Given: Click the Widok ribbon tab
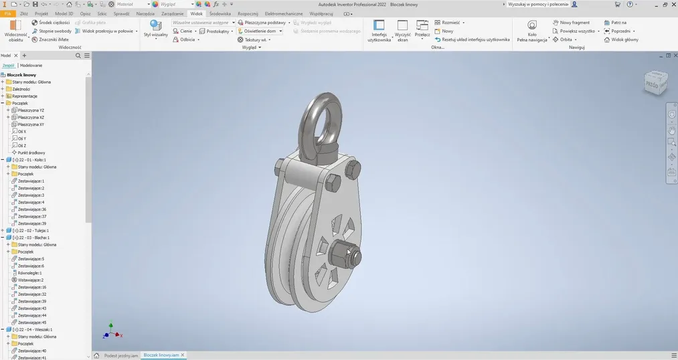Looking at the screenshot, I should [x=196, y=13].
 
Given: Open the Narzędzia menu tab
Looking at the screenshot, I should [x=145, y=13].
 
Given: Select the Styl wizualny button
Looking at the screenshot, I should [x=155, y=30].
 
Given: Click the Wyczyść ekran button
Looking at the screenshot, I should [x=402, y=30].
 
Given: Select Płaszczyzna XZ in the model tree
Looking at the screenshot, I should [x=31, y=117].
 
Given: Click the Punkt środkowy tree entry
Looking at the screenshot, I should [x=31, y=153].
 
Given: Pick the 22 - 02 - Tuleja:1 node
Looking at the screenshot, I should [x=34, y=230].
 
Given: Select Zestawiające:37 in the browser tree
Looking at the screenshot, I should [x=32, y=216].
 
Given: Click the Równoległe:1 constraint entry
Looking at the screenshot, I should [x=31, y=273].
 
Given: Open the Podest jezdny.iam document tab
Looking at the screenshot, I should [x=120, y=355].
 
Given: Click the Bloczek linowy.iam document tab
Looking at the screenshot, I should [x=161, y=355].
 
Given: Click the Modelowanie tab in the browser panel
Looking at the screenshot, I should [x=31, y=66].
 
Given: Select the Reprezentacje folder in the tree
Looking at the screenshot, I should [x=25, y=96].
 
